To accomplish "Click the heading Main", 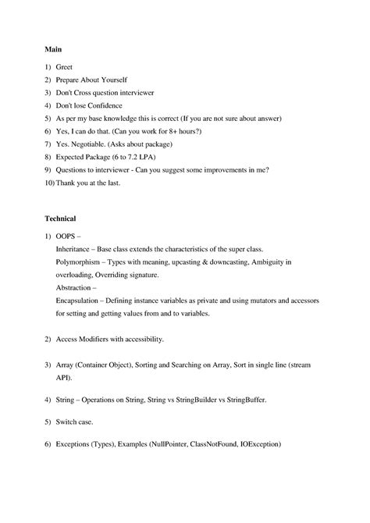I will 52,50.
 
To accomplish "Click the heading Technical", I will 60,219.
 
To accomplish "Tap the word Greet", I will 64,68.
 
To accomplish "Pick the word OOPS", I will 66,236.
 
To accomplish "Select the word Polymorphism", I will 81,262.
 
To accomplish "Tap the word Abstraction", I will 76,287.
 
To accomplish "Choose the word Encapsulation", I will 83,301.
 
